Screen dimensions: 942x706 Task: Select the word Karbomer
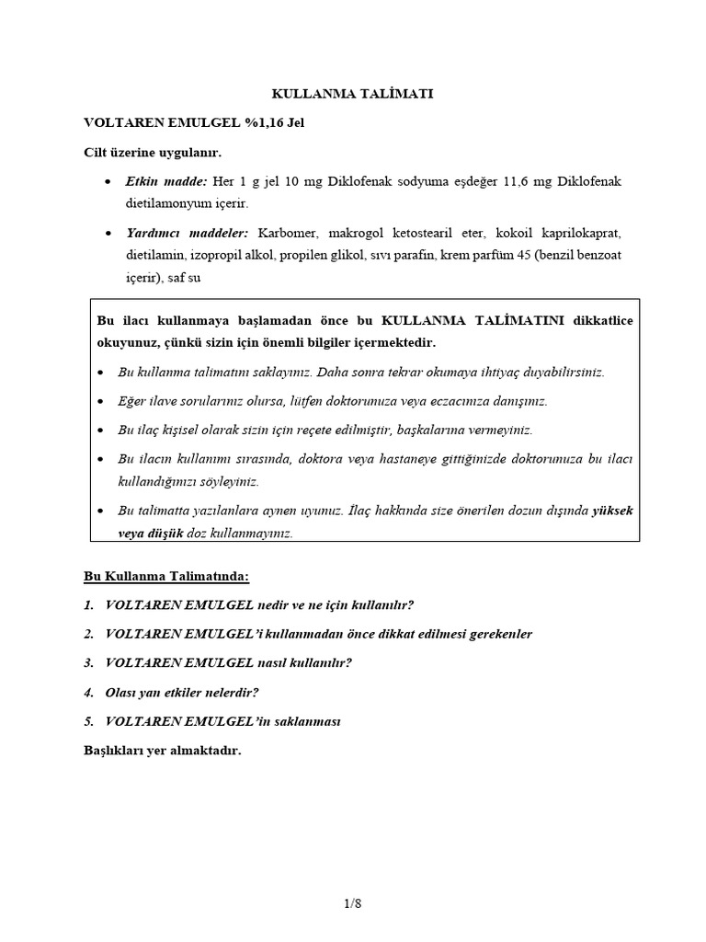pos(291,233)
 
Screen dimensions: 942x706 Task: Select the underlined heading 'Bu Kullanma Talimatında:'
pos(166,576)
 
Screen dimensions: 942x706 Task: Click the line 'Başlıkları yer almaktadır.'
pos(162,751)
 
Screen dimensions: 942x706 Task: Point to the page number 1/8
pos(352,903)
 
